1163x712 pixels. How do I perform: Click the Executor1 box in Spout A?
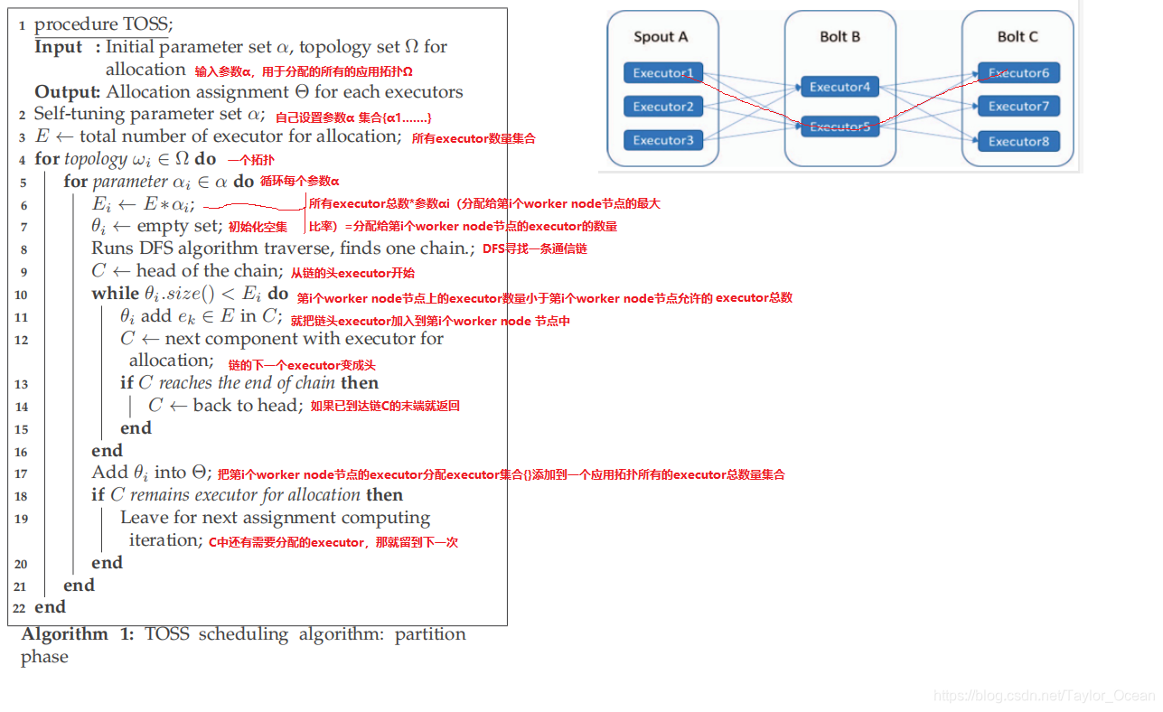[662, 73]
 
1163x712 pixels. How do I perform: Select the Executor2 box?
[662, 107]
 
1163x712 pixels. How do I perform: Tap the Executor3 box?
[662, 140]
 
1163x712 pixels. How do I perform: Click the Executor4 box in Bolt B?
[839, 88]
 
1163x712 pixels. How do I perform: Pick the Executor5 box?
[839, 127]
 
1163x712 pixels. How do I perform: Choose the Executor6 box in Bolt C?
[1018, 73]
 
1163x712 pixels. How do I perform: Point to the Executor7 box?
[1018, 107]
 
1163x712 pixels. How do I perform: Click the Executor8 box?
[1018, 141]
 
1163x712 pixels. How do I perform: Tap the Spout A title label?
[661, 37]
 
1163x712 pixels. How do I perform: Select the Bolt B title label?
[839, 37]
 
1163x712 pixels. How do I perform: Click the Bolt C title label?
[1018, 37]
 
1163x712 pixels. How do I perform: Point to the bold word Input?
[59, 47]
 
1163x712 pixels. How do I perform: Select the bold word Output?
[67, 92]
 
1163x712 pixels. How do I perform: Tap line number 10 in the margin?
[21, 295]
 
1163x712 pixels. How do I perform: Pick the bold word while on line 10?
[115, 294]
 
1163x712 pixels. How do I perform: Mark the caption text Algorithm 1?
[77, 634]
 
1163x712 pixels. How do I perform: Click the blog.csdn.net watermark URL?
[1044, 696]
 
